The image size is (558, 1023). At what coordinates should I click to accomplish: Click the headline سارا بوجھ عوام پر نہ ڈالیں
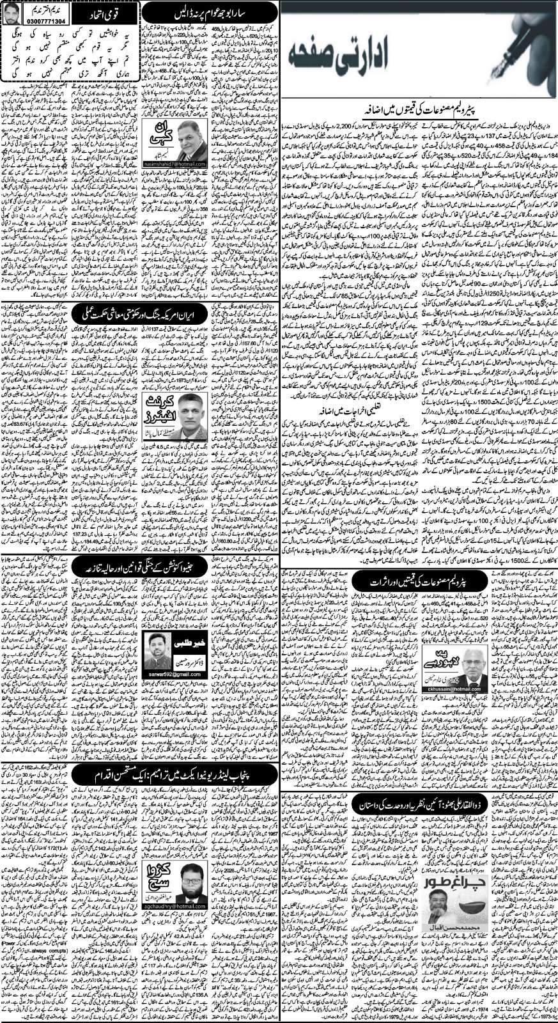tap(213, 10)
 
